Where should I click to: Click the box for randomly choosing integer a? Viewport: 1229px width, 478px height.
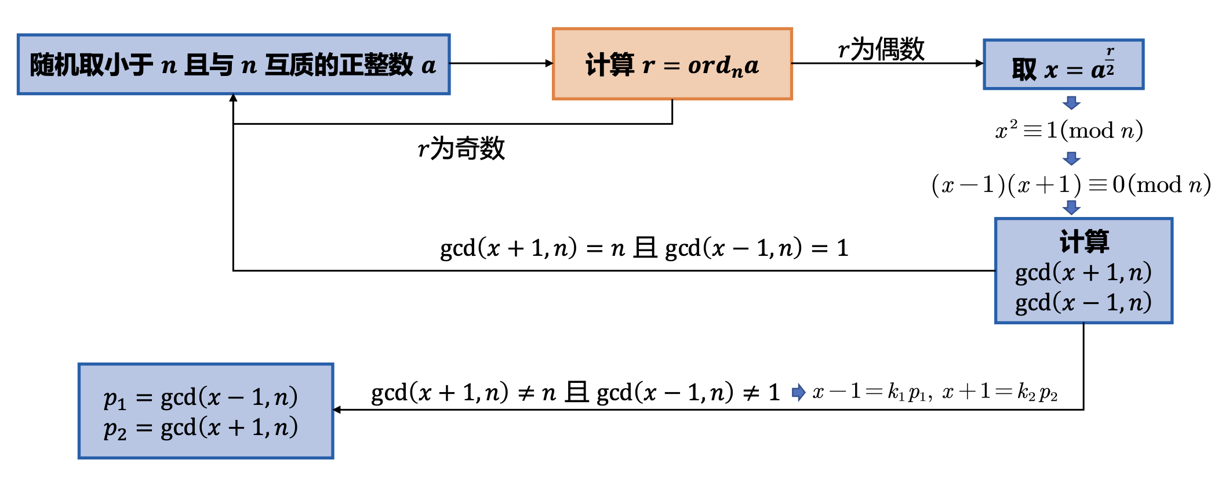click(x=234, y=64)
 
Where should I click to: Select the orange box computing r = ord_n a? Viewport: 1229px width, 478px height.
click(x=672, y=64)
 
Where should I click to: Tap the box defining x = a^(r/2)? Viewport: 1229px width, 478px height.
click(x=1063, y=64)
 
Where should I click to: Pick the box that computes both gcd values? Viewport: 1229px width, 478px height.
click(x=1083, y=270)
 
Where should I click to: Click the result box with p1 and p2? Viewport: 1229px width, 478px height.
click(x=206, y=411)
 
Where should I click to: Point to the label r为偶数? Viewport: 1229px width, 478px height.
click(x=881, y=49)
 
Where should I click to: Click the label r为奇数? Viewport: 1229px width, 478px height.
click(x=461, y=149)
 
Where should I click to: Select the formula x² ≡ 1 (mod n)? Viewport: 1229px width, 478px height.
click(x=1069, y=131)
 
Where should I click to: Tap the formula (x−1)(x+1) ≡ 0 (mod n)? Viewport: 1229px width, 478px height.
click(x=1070, y=185)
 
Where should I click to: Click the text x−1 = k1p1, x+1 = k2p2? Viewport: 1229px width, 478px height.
click(x=935, y=393)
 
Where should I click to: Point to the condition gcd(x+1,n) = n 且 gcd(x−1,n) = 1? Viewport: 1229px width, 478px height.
click(x=643, y=248)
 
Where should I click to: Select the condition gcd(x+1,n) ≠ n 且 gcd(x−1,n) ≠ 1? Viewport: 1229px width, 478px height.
click(x=575, y=393)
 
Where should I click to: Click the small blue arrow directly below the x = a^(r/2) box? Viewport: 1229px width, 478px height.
click(x=1071, y=103)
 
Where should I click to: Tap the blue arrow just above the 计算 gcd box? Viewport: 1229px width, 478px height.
click(x=1071, y=207)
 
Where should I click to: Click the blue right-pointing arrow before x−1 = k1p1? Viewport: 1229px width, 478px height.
click(x=798, y=393)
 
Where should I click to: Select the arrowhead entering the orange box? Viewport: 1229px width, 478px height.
click(x=549, y=63)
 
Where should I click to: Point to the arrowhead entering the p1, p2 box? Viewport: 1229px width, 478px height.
click(x=337, y=410)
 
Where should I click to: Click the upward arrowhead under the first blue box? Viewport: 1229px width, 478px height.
click(x=233, y=97)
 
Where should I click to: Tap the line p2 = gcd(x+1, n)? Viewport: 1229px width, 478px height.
click(x=201, y=428)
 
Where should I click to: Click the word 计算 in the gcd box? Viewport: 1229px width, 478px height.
click(x=1083, y=241)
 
